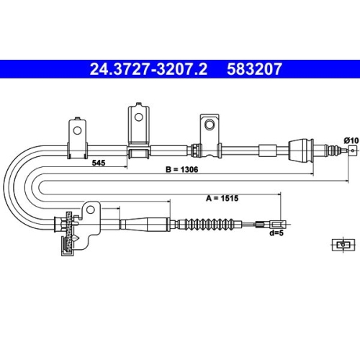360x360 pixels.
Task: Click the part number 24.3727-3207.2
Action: (x=148, y=69)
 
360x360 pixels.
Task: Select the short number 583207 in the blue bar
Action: (x=254, y=69)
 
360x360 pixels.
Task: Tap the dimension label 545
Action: (x=99, y=163)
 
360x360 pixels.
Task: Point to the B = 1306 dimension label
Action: (x=182, y=170)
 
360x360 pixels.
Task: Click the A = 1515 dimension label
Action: (x=222, y=198)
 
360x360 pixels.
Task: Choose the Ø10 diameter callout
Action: (x=351, y=140)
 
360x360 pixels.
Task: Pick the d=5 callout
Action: (x=276, y=233)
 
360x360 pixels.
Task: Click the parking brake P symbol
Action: (x=343, y=245)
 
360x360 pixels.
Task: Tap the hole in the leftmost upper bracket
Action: (x=77, y=130)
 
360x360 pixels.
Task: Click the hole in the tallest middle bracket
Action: (x=138, y=117)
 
